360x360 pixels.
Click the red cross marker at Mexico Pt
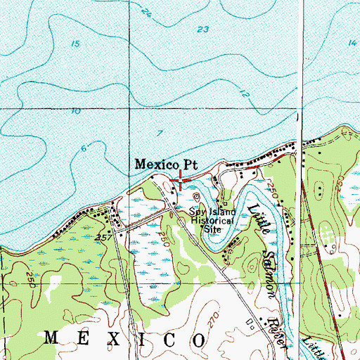pyautogui.click(x=180, y=181)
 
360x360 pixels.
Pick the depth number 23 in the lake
pyautogui.click(x=203, y=30)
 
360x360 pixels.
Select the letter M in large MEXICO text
pyautogui.click(x=51, y=338)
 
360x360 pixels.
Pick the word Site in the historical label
pyautogui.click(x=212, y=228)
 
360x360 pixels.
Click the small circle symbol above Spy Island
pyautogui.click(x=196, y=196)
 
